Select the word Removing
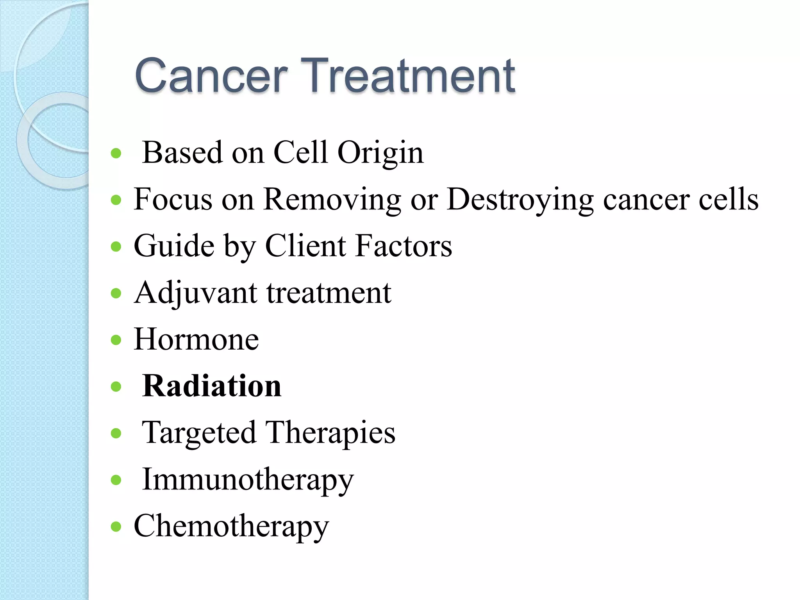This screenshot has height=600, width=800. (332, 200)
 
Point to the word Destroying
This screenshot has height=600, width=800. (520, 200)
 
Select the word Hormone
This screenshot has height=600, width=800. (196, 339)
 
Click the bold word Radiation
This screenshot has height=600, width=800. (211, 386)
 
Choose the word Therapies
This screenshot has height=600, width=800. (330, 433)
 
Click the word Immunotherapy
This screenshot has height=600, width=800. (248, 480)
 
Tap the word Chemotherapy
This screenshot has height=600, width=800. (231, 527)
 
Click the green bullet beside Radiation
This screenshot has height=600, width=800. (116, 387)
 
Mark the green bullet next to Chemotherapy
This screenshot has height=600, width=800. (116, 527)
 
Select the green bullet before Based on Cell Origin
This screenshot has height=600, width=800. (116, 153)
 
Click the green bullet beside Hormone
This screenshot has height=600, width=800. (116, 340)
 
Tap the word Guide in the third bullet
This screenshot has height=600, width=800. (174, 246)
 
